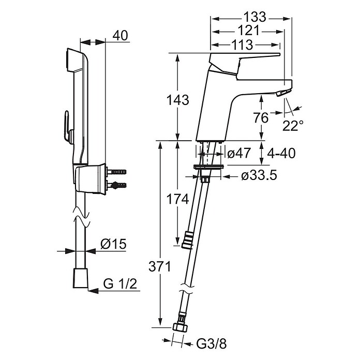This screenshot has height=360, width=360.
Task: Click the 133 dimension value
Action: point(254,17)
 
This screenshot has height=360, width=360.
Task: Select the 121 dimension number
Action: point(248,31)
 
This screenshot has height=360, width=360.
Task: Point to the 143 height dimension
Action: point(177,100)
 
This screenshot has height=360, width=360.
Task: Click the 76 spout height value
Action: point(261,118)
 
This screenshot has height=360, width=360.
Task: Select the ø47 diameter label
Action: point(238,153)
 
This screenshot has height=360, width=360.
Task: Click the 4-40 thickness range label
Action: point(281,153)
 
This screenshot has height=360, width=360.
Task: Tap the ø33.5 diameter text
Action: point(259,176)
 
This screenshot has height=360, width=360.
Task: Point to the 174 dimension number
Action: point(177,199)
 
